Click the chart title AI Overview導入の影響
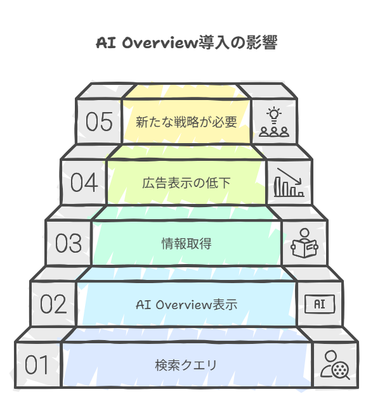coord(186,43)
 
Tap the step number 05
coord(99,122)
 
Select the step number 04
coord(84,182)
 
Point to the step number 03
coord(69,243)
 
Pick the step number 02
coord(53,304)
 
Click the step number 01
coord(37,364)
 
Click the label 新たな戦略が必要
coord(186,122)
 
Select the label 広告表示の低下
coord(186,183)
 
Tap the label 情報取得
coord(186,243)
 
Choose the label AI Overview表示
coord(186,305)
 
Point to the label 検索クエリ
coord(186,365)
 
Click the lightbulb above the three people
coord(274,115)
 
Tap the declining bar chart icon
coord(289,182)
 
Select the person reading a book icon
coord(304,243)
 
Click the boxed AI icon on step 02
coord(320,304)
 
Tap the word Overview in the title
coord(160,43)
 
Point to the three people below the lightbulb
coord(274,132)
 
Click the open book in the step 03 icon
coord(304,248)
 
